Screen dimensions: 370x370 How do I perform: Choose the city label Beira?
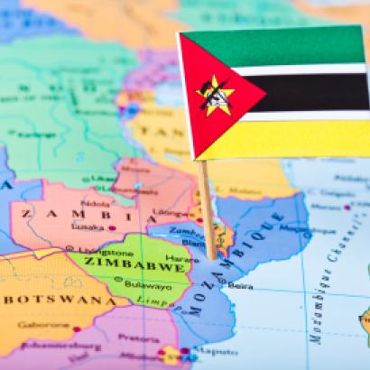coord(239,285)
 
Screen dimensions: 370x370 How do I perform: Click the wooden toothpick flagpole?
coord(208,208)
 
